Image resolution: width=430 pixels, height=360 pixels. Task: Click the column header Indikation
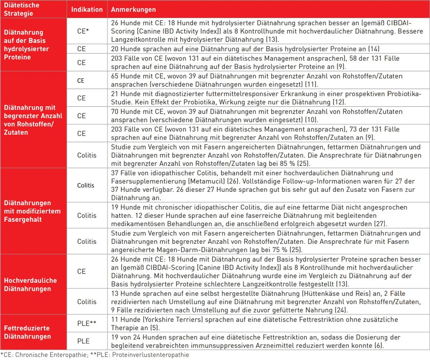(87, 10)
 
